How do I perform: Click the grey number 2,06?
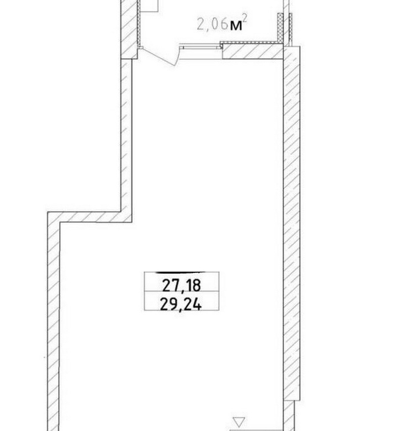click(x=213, y=25)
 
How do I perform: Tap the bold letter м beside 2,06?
click(x=236, y=25)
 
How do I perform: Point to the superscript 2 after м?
click(x=245, y=19)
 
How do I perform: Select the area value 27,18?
click(x=182, y=285)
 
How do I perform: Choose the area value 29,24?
click(x=181, y=304)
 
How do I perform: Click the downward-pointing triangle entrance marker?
click(x=239, y=422)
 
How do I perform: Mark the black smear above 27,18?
click(x=180, y=272)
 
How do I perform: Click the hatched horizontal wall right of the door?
click(x=253, y=52)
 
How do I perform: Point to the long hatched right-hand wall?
click(x=291, y=223)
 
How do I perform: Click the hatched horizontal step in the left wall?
click(x=90, y=217)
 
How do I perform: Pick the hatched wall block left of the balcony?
click(x=129, y=29)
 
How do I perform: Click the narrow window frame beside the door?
click(x=201, y=48)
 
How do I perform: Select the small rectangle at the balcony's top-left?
click(x=149, y=6)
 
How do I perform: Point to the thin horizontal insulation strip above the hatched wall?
click(x=252, y=43)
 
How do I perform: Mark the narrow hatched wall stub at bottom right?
click(x=289, y=416)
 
